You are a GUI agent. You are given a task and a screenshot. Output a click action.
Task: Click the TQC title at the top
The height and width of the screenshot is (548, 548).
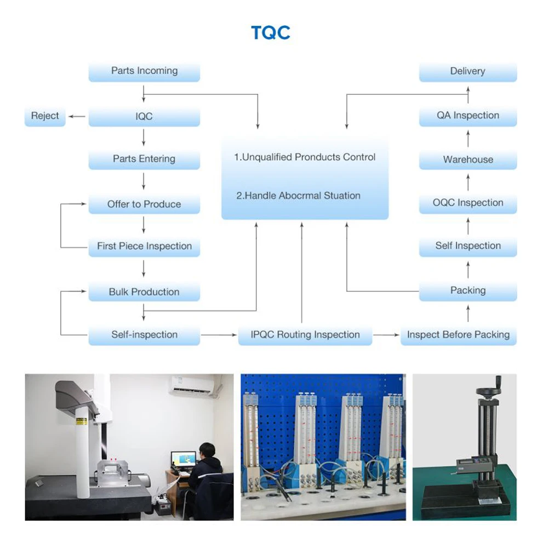(x=270, y=33)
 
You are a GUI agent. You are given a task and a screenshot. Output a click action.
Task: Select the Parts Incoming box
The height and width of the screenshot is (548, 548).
(x=144, y=71)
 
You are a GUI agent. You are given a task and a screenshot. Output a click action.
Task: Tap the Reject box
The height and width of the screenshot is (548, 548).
(x=45, y=116)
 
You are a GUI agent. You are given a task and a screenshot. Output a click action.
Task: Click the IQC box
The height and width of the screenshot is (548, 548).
(x=144, y=117)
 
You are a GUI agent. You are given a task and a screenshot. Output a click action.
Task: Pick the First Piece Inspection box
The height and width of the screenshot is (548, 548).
(x=144, y=247)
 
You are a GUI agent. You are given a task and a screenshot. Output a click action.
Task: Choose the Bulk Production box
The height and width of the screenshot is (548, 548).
(x=144, y=292)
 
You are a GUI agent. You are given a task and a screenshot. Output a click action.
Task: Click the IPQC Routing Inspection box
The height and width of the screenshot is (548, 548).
(x=305, y=335)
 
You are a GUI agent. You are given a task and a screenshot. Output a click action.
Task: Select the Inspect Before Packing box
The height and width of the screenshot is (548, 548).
(x=458, y=335)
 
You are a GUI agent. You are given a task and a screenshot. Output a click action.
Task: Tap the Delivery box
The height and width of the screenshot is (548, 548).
(x=467, y=71)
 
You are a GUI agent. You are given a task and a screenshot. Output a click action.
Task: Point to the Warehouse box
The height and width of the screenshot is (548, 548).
(x=467, y=160)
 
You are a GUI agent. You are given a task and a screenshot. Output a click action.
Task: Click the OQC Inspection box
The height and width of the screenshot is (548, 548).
(x=467, y=203)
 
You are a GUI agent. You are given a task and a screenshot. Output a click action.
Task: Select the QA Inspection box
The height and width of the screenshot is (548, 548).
(x=467, y=116)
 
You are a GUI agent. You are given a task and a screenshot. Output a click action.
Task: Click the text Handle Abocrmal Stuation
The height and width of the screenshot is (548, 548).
(x=298, y=196)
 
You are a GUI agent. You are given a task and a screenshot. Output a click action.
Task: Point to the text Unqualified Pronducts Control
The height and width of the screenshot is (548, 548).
(x=305, y=157)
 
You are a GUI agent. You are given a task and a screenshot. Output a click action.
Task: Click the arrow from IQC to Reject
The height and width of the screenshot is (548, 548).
(x=77, y=116)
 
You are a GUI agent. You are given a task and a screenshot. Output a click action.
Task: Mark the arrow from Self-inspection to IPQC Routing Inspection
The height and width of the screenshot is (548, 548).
(x=219, y=335)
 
